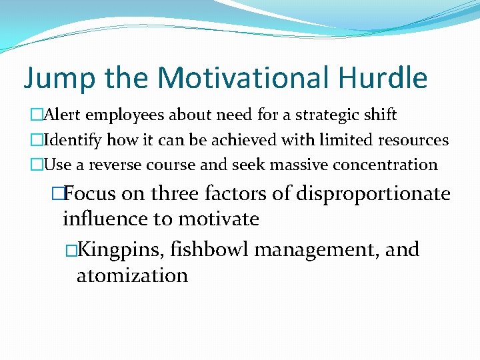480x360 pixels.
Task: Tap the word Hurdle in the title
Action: (383, 78)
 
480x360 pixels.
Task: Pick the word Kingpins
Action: (122, 250)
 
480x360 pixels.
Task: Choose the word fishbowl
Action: (209, 250)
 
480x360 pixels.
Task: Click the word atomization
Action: (132, 275)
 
